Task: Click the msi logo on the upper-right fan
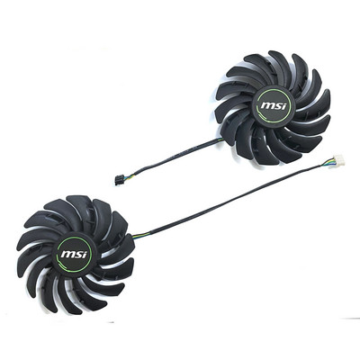point(273,105)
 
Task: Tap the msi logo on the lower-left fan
point(74,255)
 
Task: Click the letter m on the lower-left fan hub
point(67,255)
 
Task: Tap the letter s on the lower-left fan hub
point(76,255)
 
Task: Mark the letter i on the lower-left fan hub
point(84,254)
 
